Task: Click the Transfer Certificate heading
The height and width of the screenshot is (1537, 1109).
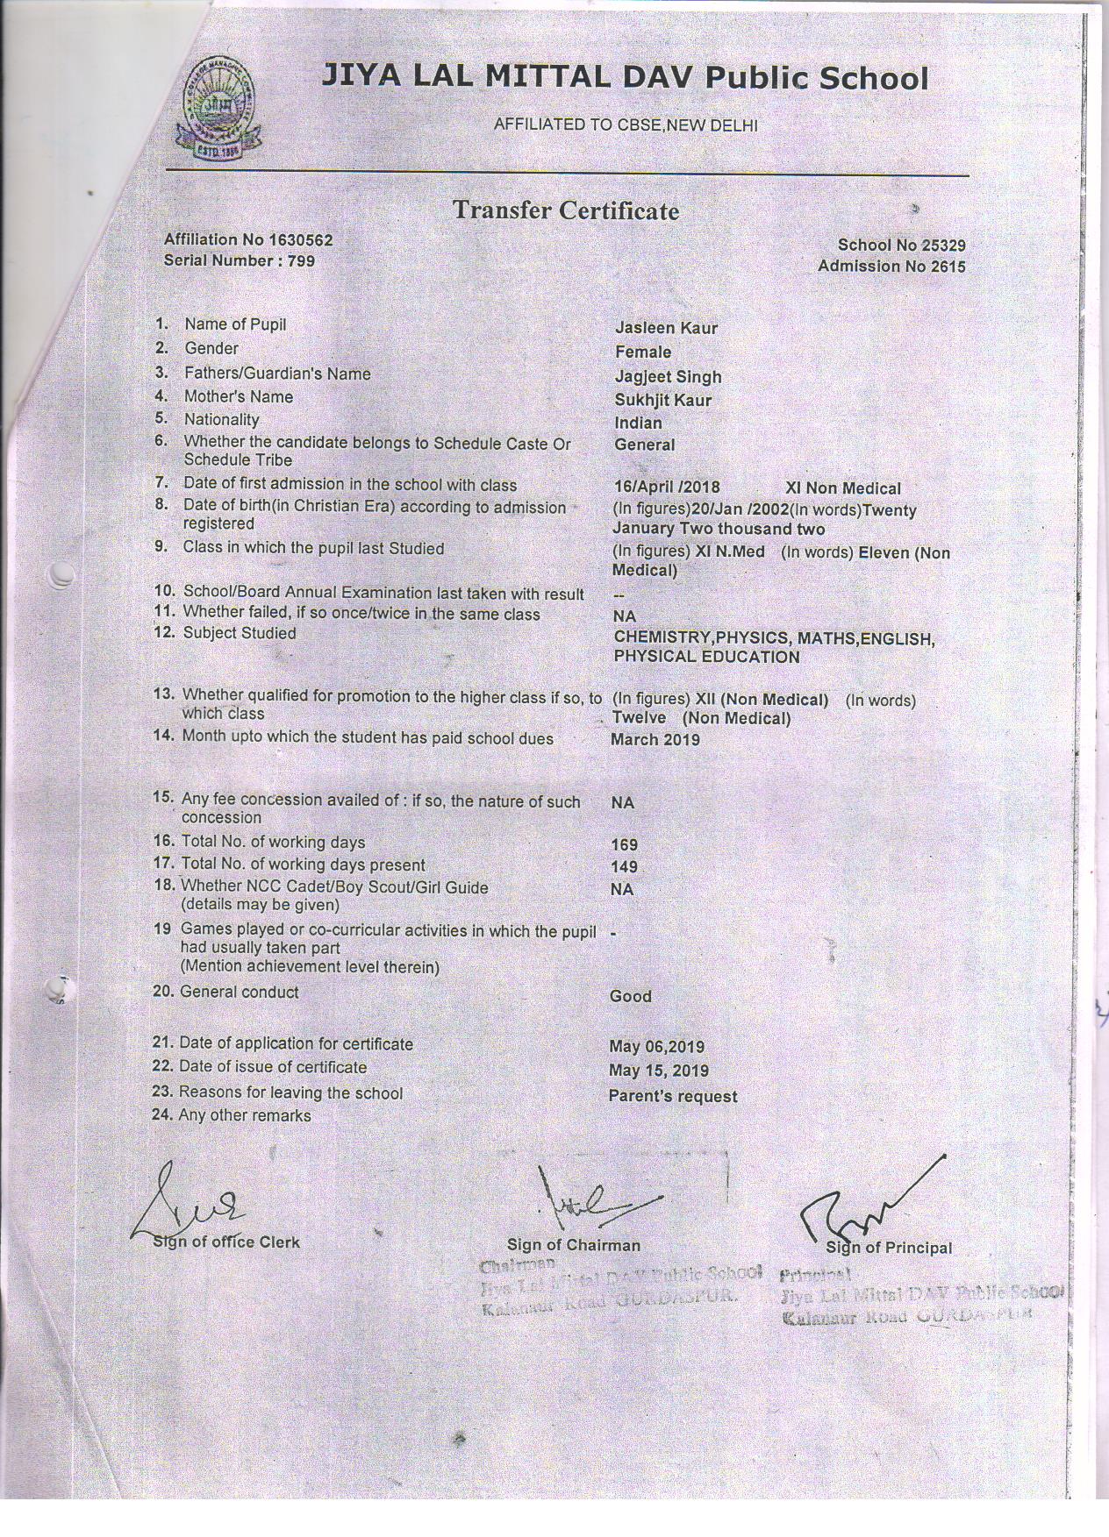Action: (x=566, y=210)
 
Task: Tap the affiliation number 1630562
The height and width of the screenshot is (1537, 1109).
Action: (x=301, y=239)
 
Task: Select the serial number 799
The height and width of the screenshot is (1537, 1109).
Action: (x=300, y=260)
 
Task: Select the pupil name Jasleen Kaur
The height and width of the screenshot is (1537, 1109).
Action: (x=666, y=328)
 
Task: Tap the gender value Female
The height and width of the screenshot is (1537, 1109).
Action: (x=643, y=352)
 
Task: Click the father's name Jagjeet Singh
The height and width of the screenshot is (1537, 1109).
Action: (x=668, y=376)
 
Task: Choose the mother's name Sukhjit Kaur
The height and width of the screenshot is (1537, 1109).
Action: (x=662, y=400)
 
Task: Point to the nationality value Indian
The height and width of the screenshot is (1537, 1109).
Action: (x=638, y=423)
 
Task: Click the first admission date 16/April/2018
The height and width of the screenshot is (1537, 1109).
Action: (x=666, y=488)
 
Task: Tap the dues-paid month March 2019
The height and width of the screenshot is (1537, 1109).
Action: (x=655, y=739)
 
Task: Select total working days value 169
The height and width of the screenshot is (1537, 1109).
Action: (x=624, y=845)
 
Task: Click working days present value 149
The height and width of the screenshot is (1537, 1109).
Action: (x=624, y=867)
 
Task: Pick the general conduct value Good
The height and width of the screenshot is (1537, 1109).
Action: (x=630, y=996)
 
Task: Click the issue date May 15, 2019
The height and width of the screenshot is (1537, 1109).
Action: (x=658, y=1071)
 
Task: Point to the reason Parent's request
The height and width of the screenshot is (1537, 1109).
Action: (x=673, y=1096)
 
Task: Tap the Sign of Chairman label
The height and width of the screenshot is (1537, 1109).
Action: (x=573, y=1245)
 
